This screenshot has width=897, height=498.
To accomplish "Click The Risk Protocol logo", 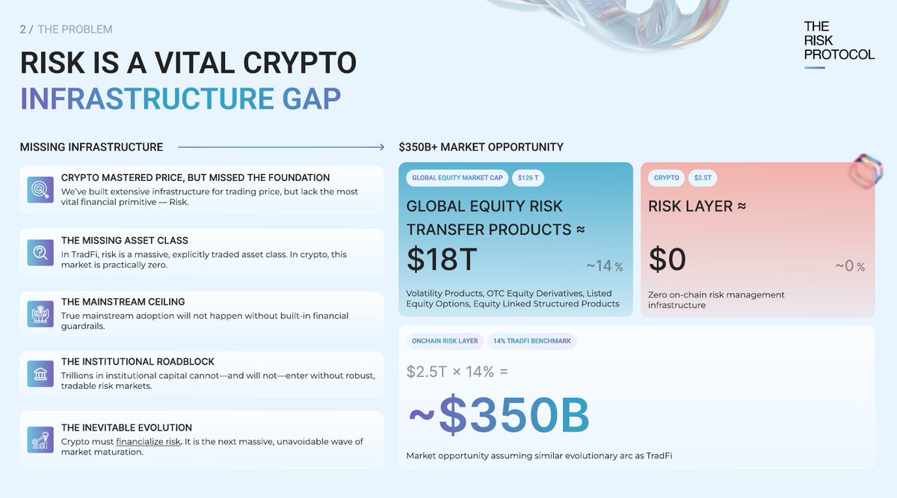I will click(x=839, y=42).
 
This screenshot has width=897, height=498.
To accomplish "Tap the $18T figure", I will click(x=442, y=259).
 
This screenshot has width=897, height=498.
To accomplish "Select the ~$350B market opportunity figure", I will click(x=499, y=416).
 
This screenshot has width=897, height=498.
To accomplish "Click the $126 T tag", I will click(x=528, y=178).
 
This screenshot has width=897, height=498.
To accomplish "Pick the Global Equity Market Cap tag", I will click(x=457, y=178).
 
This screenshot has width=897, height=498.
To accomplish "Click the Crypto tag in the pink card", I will click(x=666, y=178).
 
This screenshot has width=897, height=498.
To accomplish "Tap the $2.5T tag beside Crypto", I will click(x=702, y=178).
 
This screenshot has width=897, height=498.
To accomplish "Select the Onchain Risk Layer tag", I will click(x=445, y=341).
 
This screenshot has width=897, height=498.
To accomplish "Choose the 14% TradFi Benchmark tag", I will click(x=531, y=341).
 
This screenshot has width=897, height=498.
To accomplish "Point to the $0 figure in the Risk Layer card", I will click(x=667, y=259).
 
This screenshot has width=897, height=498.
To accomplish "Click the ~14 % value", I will click(x=605, y=266).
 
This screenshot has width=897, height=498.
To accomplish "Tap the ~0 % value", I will click(x=849, y=266).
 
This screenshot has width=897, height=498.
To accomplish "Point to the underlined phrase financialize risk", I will click(x=148, y=441).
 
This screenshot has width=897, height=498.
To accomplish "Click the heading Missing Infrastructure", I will click(x=91, y=147).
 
